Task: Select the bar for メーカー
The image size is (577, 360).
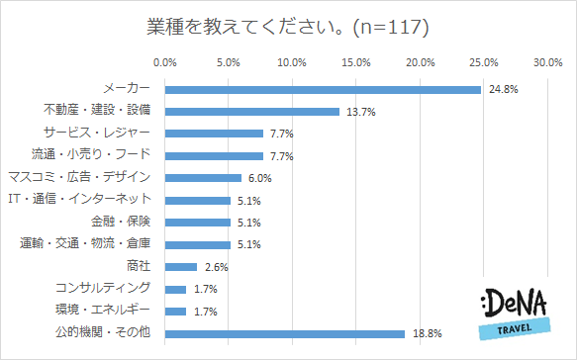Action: pos(323,89)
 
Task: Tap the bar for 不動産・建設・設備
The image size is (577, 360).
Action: pos(252,112)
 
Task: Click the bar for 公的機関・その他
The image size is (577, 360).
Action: pos(285,333)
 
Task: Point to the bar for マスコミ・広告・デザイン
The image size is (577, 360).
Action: pos(203,178)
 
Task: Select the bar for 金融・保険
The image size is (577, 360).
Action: pos(197,223)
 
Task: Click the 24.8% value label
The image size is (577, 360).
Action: pos(501,89)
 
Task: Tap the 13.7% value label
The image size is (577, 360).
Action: pos(359,112)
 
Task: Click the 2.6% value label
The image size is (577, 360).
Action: pos(218,267)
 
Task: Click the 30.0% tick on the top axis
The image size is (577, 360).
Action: pos(547,63)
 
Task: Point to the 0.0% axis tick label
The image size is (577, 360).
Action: pos(164,63)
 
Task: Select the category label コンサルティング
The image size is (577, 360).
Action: pos(103,288)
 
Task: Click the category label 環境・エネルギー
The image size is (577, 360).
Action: pos(103,311)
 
